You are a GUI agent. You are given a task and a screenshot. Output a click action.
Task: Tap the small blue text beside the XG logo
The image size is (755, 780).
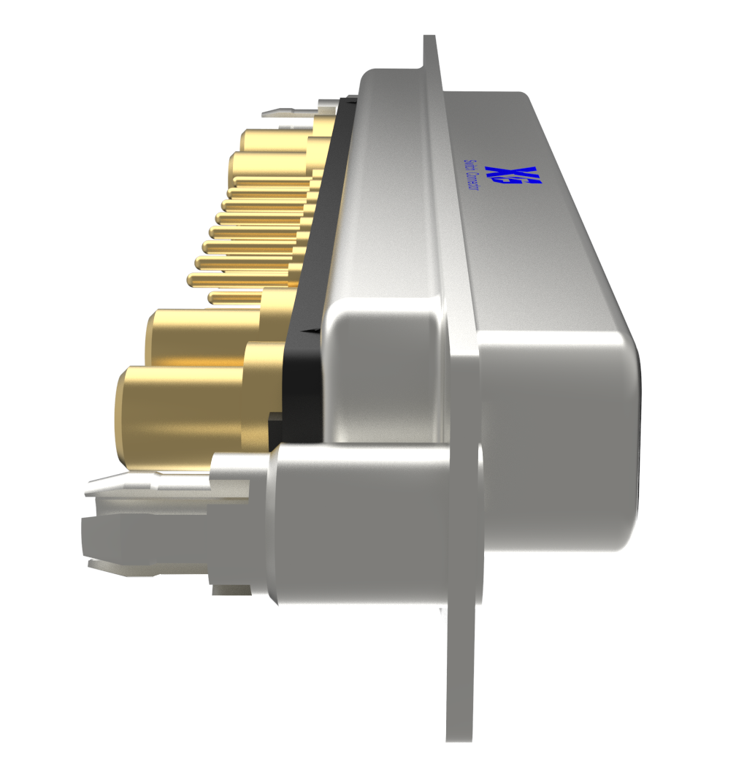pyautogui.click(x=472, y=175)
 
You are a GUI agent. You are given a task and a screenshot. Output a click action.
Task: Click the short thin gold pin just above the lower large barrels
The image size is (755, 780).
pyautogui.click(x=234, y=297)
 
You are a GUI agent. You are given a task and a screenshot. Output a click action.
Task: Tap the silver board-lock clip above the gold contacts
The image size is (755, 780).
pyautogui.click(x=292, y=113)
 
